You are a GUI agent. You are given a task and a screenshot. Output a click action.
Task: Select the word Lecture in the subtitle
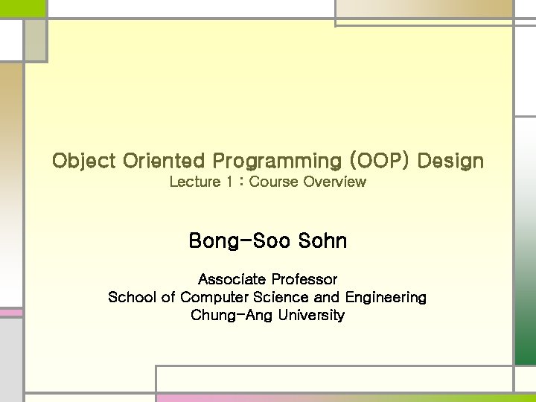click(x=195, y=182)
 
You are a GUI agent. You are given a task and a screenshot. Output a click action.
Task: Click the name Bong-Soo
click(x=239, y=241)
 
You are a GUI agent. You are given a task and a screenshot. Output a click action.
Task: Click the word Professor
click(x=304, y=280)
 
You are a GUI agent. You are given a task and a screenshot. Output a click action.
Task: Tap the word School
click(x=132, y=298)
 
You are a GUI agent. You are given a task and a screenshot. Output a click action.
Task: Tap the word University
click(x=310, y=316)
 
